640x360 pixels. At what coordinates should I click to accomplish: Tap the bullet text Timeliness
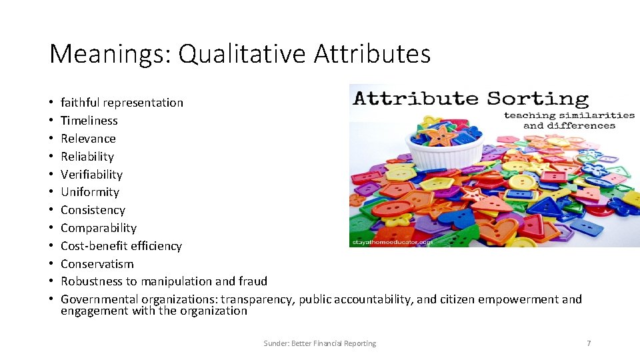(x=89, y=121)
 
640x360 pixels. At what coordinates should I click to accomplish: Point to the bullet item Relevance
(x=88, y=139)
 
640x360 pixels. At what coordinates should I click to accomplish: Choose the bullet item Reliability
(x=87, y=157)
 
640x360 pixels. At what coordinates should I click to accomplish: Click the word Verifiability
(x=92, y=175)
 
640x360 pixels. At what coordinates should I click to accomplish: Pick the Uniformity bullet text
(x=90, y=192)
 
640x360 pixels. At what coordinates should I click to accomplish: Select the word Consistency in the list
(x=93, y=210)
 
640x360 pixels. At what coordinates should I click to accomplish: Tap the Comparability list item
(x=99, y=228)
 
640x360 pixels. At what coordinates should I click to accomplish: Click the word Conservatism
(x=97, y=264)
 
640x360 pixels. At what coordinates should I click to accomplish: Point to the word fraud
(x=252, y=281)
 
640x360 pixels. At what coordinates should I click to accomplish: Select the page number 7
(x=589, y=343)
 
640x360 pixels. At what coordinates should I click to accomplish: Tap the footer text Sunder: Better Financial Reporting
(x=319, y=343)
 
